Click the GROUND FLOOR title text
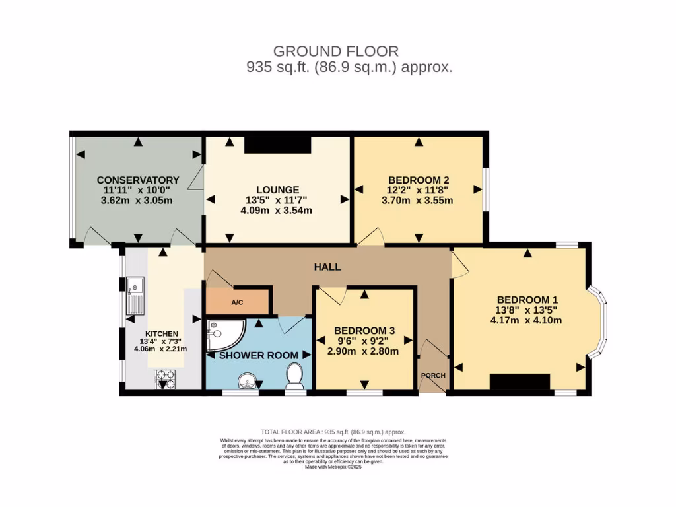[335, 51]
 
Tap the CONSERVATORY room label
[138, 180]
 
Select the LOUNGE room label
[278, 189]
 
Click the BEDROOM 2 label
[419, 180]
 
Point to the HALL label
[327, 267]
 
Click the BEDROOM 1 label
[527, 298]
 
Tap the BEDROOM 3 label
[364, 330]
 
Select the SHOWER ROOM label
[259, 355]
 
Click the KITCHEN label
[162, 334]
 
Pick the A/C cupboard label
[237, 302]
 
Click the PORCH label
[433, 376]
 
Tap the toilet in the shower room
[295, 374]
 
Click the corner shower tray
[222, 334]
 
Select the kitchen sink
[135, 295]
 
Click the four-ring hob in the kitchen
[164, 379]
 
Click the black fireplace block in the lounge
[277, 145]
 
